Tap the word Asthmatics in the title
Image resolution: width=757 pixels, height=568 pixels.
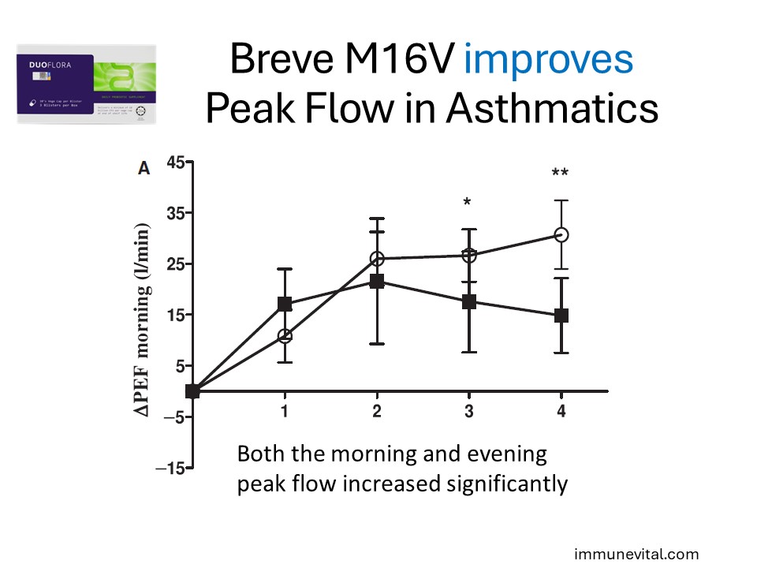[x=552, y=108]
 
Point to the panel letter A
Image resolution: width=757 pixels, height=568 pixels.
[x=144, y=168]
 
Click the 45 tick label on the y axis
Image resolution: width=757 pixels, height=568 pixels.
[x=174, y=163]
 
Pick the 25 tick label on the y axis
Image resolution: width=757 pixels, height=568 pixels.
[x=174, y=264]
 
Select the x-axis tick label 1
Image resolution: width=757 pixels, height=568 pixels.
[x=284, y=411]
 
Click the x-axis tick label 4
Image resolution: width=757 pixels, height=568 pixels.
[x=561, y=411]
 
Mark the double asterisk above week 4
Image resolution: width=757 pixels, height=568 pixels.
[x=561, y=174]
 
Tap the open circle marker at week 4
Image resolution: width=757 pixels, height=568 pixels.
[x=561, y=235]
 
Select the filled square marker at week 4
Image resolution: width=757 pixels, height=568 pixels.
[x=561, y=316]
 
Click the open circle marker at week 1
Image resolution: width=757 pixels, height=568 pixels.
[x=285, y=336]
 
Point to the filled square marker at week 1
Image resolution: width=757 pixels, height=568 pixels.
[x=285, y=304]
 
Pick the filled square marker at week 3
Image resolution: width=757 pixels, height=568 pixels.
[x=468, y=301]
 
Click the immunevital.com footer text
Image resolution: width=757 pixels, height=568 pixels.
[x=636, y=554]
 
